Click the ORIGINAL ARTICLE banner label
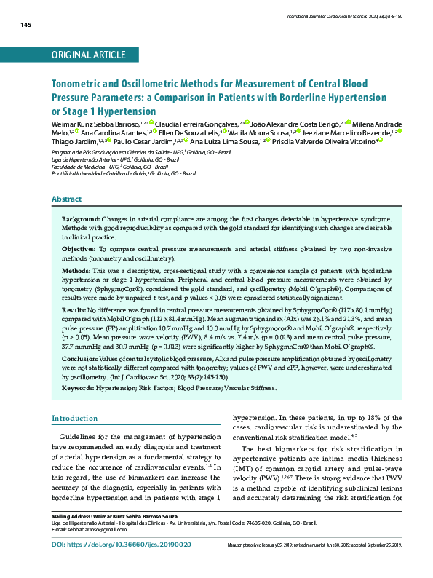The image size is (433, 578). click(89, 55)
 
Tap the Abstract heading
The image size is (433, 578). click(66, 199)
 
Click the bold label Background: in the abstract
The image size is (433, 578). click(81, 218)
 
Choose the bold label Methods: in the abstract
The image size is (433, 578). click(76, 269)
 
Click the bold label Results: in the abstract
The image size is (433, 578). click(75, 309)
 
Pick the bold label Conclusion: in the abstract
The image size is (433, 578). click(80, 359)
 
